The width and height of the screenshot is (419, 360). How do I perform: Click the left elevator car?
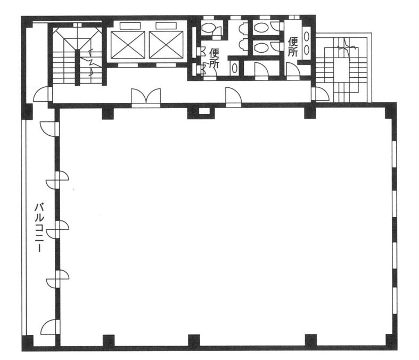[x=128, y=45]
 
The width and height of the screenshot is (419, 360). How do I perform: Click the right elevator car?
[x=166, y=45]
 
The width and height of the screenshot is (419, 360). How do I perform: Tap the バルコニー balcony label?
[x=39, y=228]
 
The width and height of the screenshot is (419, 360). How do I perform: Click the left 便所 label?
[x=215, y=58]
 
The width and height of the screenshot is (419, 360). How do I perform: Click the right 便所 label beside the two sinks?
[x=293, y=46]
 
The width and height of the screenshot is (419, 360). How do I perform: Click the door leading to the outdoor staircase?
[x=320, y=94]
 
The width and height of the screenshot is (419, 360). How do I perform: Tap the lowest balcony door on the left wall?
[x=51, y=326]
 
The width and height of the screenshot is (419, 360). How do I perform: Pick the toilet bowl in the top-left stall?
[x=208, y=28]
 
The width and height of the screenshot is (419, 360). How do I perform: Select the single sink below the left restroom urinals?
[x=234, y=68]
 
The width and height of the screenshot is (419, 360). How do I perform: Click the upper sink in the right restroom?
[x=307, y=37]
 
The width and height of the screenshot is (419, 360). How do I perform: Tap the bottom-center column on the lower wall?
[x=194, y=340]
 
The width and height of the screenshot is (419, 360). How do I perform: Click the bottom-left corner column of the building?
[x=28, y=343]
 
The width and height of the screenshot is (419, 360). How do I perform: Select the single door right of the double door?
[x=234, y=97]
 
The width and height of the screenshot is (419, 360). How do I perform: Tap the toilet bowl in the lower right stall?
[x=261, y=47]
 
